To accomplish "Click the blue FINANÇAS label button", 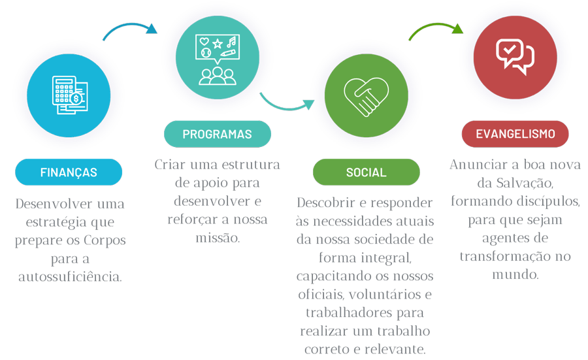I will click(x=69, y=172).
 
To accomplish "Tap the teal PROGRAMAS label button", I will click(x=217, y=134).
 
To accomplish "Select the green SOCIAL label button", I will click(x=366, y=172).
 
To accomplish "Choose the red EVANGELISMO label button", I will click(x=515, y=134).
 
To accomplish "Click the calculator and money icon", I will click(x=69, y=96).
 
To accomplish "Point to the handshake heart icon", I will click(x=366, y=96).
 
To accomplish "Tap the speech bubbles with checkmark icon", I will click(x=515, y=56).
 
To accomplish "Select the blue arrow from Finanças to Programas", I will click(x=131, y=30).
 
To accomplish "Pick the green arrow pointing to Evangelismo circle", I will click(x=434, y=30).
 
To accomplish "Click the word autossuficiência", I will click(x=70, y=276).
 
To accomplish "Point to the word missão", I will click(x=218, y=238).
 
